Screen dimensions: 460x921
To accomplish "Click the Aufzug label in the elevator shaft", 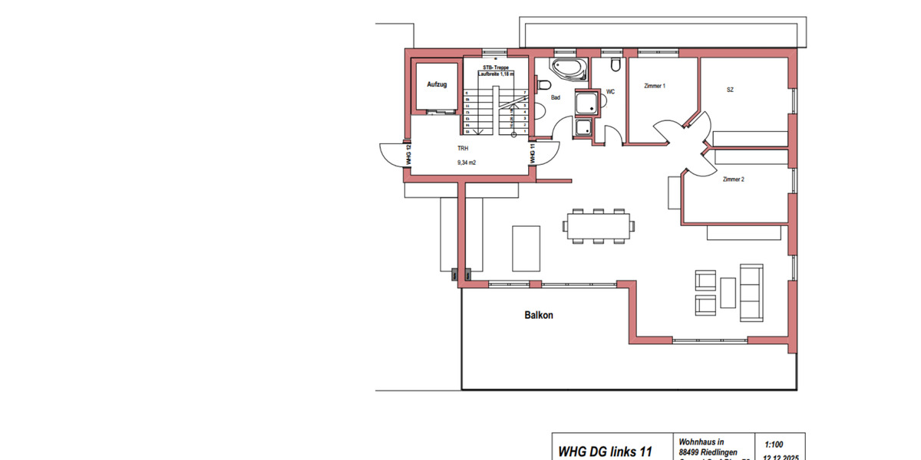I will [x=437, y=84].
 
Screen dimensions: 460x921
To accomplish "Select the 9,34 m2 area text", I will [x=467, y=163].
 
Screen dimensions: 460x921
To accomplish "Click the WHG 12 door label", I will [x=409, y=156].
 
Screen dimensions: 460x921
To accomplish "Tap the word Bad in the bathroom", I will [x=556, y=97].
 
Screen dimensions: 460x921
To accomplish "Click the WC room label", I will [x=610, y=92].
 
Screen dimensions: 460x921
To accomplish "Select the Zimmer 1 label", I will [x=654, y=86].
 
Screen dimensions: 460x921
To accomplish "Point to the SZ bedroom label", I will [x=730, y=90].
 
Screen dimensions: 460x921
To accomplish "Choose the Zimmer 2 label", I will [x=733, y=179].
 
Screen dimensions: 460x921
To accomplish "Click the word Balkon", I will [x=539, y=315].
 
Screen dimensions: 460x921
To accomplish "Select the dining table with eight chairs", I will [x=598, y=225].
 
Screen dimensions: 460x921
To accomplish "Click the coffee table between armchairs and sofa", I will [x=728, y=291].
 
